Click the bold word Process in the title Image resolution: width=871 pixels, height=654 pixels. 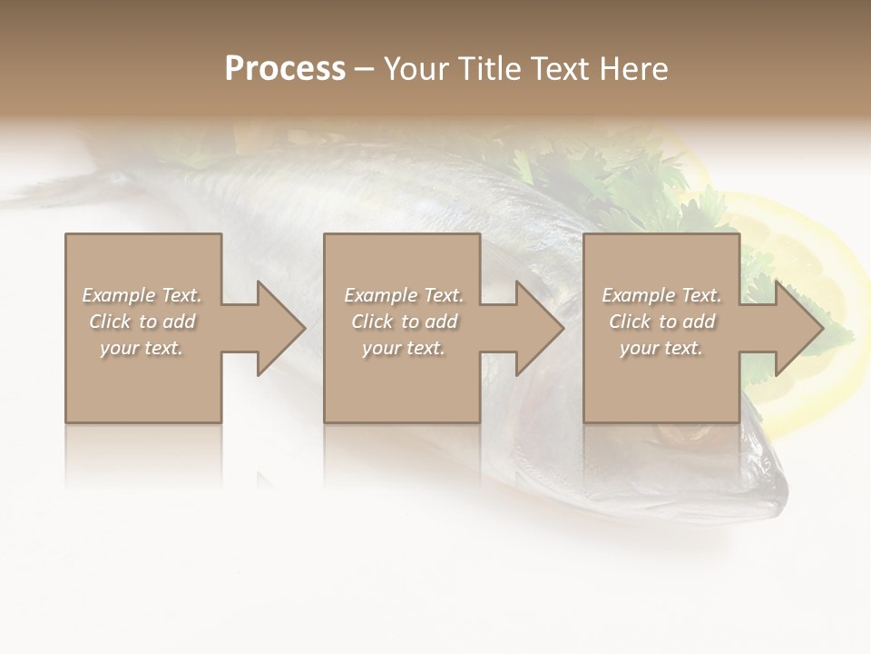coord(285,69)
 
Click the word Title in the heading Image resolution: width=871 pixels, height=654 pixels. coord(492,69)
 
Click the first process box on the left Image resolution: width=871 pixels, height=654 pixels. coord(142,381)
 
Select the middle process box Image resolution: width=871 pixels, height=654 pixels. coord(402,381)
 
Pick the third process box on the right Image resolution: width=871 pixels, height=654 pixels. coord(661,381)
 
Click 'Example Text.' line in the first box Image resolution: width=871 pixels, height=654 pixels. coord(142,295)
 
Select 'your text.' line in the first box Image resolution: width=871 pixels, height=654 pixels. coord(142,348)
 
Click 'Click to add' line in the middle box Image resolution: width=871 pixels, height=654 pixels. coord(404,322)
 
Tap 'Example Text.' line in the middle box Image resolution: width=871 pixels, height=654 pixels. coord(404,295)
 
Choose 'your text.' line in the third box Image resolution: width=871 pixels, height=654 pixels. coord(661,348)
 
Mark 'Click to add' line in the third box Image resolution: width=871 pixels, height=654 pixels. coord(661,322)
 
